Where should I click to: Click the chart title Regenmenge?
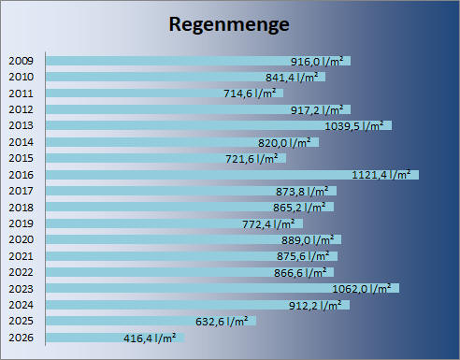229,25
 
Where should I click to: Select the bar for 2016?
232,175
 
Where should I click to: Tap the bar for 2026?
115,338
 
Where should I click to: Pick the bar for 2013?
219,125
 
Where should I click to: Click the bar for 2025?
151,321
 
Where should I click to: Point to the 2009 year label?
21,61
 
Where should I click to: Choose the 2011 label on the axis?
21,94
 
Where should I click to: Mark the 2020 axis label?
21,239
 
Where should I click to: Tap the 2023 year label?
21,289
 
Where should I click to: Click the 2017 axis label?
21,191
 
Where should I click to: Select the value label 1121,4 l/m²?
381,175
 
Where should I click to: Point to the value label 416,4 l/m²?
150,338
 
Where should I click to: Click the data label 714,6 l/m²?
250,93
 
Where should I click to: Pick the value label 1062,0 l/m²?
362,289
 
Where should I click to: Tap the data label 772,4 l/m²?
268,223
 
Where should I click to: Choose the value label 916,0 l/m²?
317,61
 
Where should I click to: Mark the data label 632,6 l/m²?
222,321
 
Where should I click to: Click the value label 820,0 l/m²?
284,142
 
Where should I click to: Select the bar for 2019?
174,223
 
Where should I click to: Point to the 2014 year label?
21,142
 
